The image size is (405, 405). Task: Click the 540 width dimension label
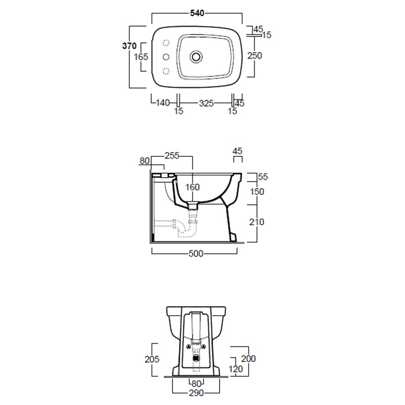point(197,13)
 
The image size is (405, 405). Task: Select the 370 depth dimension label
point(129,46)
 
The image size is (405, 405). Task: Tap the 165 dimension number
point(141,57)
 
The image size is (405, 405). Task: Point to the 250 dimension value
point(255,56)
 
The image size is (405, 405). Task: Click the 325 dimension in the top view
point(207,104)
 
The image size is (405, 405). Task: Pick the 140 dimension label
point(163,103)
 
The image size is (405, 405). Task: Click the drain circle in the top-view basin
point(196,57)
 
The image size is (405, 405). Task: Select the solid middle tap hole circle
point(166,57)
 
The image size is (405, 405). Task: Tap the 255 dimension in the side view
point(172,156)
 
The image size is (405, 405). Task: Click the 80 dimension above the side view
point(145,161)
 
